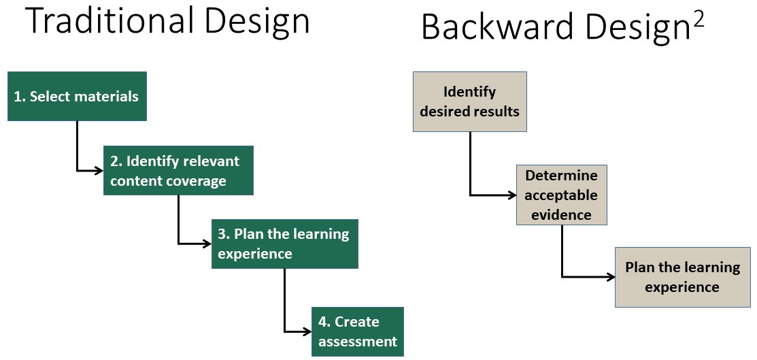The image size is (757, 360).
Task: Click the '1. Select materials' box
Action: click(77, 96)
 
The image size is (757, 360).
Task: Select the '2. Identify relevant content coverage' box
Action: click(178, 171)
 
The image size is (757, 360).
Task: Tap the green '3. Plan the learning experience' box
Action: click(285, 244)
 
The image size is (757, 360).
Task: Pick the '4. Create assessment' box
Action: click(357, 331)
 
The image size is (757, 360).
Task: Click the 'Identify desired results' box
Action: click(470, 101)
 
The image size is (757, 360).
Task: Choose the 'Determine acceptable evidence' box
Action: click(562, 195)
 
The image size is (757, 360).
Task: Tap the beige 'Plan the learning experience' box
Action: click(683, 277)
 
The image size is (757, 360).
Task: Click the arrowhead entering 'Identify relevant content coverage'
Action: click(99, 171)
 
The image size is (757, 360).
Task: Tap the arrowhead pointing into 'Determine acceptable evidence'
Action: click(512, 195)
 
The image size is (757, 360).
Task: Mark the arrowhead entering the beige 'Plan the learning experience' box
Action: click(611, 277)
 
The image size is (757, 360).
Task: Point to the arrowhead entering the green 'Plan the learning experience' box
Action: click(207, 244)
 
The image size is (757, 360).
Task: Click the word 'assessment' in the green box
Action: click(358, 342)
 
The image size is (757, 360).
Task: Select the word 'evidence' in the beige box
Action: click(562, 214)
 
